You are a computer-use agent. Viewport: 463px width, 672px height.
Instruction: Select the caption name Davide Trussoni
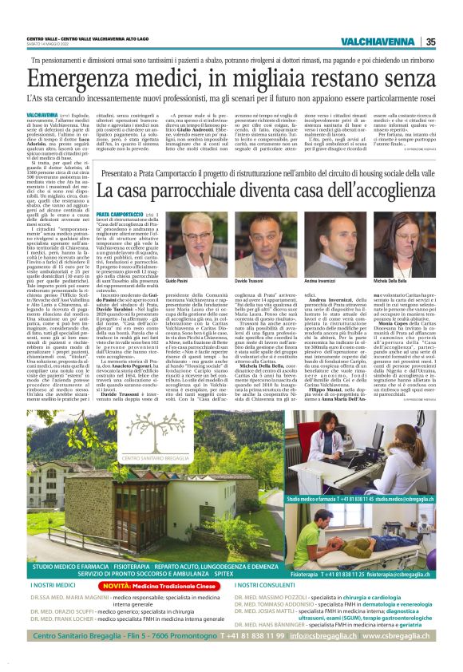click(x=250, y=283)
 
